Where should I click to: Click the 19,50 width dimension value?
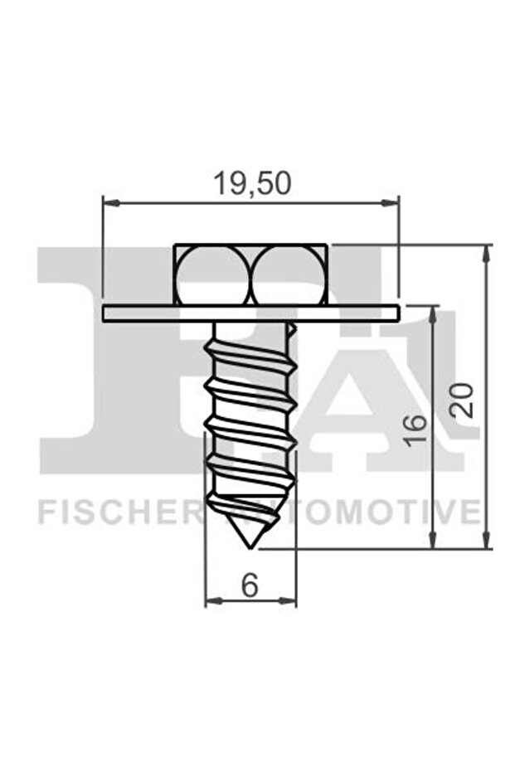[x=252, y=183]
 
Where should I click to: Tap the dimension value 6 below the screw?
[x=250, y=585]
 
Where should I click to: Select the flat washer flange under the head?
[x=251, y=313]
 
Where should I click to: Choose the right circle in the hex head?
[x=288, y=274]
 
